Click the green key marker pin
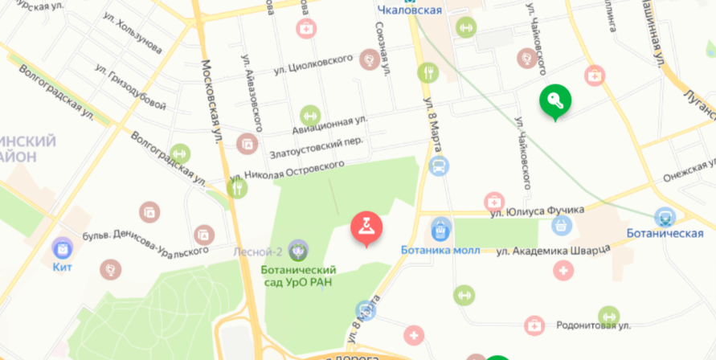click(x=554, y=101)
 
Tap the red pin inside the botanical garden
click(x=366, y=228)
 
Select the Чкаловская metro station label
click(x=410, y=10)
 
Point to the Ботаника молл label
click(x=440, y=250)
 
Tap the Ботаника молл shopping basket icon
click(x=440, y=230)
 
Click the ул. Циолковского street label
click(x=313, y=64)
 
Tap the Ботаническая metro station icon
click(x=665, y=216)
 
